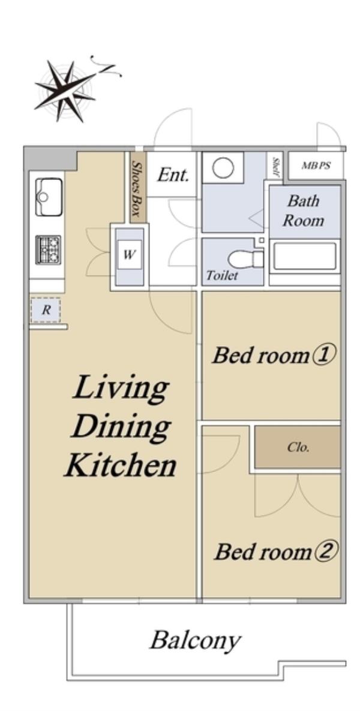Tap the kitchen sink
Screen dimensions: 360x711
49,197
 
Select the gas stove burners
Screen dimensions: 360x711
48,250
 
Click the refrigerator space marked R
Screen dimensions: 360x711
46,311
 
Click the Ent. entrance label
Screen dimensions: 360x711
173,175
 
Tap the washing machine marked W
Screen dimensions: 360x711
129,255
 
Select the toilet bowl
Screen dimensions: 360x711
245,259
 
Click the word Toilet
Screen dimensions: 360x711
222,275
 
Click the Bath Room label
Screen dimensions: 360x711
304,211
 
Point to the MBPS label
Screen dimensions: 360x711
316,166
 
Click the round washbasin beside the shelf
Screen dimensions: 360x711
223,169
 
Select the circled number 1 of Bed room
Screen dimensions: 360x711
323,356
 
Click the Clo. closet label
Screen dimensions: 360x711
298,448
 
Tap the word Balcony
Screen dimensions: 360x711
195,641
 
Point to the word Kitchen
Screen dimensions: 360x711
120,466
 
